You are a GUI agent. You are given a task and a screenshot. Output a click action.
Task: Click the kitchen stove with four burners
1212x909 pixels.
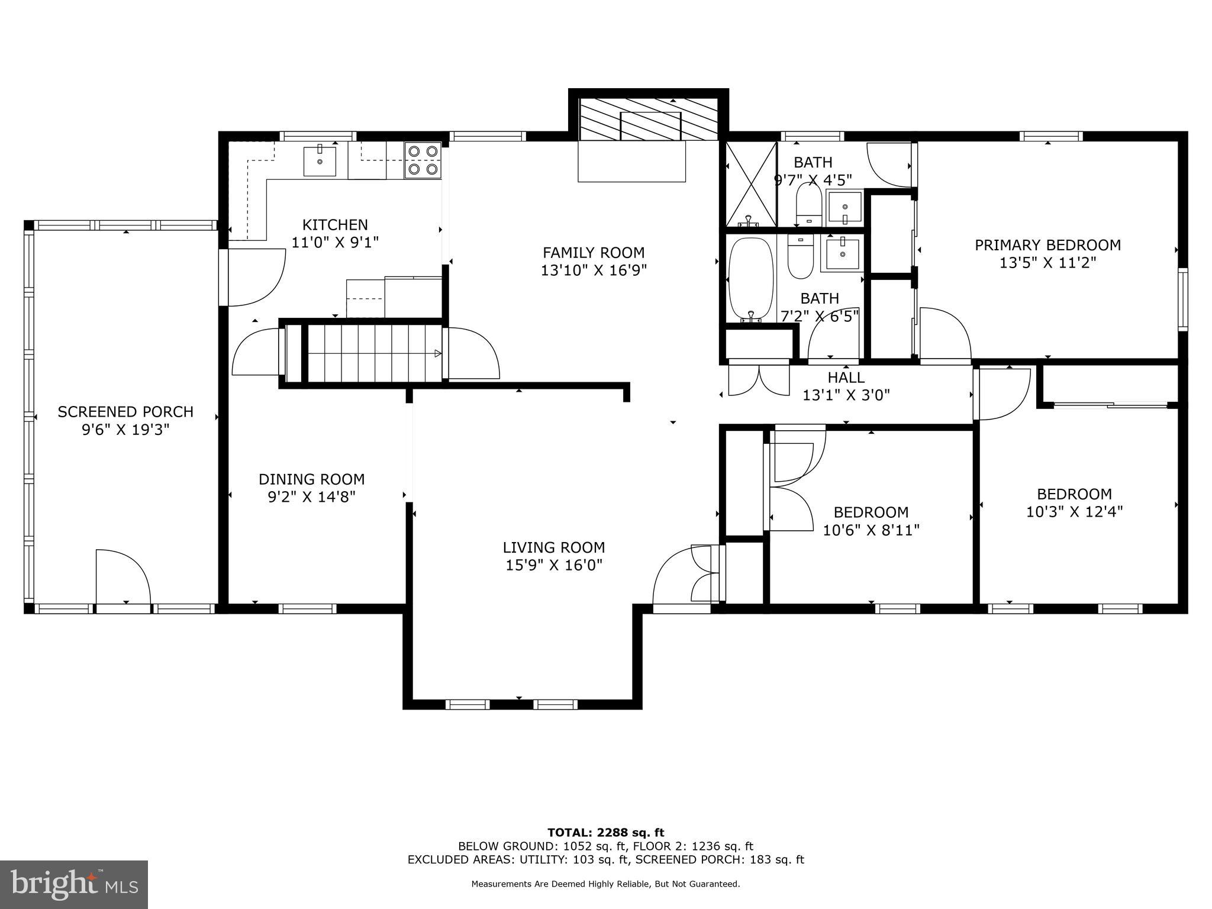[x=423, y=160]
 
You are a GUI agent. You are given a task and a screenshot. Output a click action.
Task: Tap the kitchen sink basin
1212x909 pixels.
[x=320, y=161]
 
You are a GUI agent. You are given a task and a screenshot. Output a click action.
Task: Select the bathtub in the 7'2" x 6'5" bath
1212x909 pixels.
[x=751, y=279]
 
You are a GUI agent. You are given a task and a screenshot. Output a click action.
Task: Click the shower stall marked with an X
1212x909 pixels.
[x=750, y=184]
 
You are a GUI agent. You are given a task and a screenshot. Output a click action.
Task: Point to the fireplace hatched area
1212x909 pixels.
[x=648, y=120]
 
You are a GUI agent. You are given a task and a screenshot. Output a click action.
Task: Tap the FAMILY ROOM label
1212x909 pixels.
[x=593, y=253]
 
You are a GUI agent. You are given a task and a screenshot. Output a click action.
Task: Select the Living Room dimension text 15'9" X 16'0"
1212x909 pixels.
[x=553, y=565]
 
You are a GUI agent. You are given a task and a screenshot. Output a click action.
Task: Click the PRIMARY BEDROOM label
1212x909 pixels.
[x=1047, y=245]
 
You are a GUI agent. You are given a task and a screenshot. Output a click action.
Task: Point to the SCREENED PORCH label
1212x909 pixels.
[x=125, y=411]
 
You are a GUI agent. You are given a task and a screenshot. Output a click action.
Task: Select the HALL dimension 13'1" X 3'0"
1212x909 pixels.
[x=846, y=395]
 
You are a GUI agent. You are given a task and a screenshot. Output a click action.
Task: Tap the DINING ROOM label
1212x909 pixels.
[x=311, y=479]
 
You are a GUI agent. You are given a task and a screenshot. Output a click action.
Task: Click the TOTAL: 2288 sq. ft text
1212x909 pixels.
[x=605, y=833]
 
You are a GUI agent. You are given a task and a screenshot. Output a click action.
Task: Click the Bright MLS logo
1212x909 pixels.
[x=74, y=884]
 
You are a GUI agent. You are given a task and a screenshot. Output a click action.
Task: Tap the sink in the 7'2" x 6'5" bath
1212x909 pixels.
[x=842, y=253]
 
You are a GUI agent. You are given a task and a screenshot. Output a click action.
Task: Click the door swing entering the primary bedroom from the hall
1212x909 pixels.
[x=945, y=333]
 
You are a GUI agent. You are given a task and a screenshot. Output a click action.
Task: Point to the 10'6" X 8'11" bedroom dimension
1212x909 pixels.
[x=871, y=530]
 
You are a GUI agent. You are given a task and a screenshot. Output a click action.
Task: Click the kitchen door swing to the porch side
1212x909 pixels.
[x=254, y=277]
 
